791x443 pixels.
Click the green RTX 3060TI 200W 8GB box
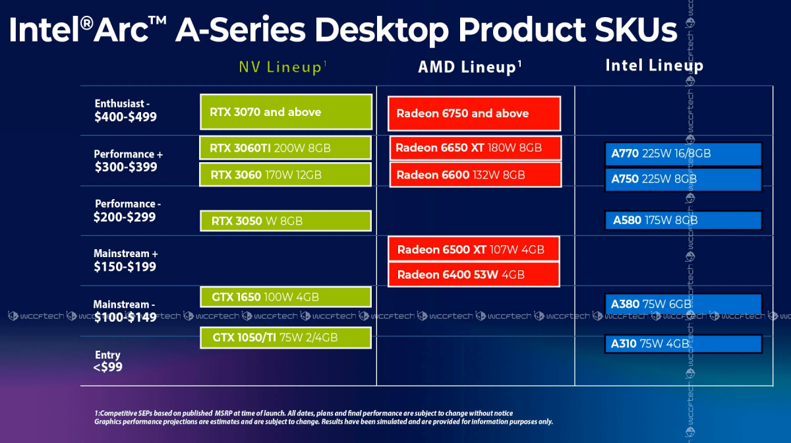pos(285,148)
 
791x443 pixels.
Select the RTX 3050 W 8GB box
pos(285,221)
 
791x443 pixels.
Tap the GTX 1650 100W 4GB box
pos(285,297)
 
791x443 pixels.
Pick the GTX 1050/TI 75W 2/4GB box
pos(285,338)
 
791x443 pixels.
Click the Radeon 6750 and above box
pos(474,113)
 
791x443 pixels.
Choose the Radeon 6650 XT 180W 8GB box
pos(475,148)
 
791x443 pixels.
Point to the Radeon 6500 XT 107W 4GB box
pos(473,249)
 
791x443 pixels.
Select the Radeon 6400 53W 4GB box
pos(473,274)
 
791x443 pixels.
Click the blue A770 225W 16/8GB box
pos(684,154)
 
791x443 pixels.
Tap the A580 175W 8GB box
pos(684,220)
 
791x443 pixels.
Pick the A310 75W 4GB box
pos(684,343)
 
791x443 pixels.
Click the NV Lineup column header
pos(283,67)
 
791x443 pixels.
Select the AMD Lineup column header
pos(470,67)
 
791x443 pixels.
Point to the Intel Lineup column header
pos(655,66)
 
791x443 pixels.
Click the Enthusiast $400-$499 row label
pos(125,110)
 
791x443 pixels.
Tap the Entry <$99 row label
pos(107,361)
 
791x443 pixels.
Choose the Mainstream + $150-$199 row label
pos(125,260)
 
